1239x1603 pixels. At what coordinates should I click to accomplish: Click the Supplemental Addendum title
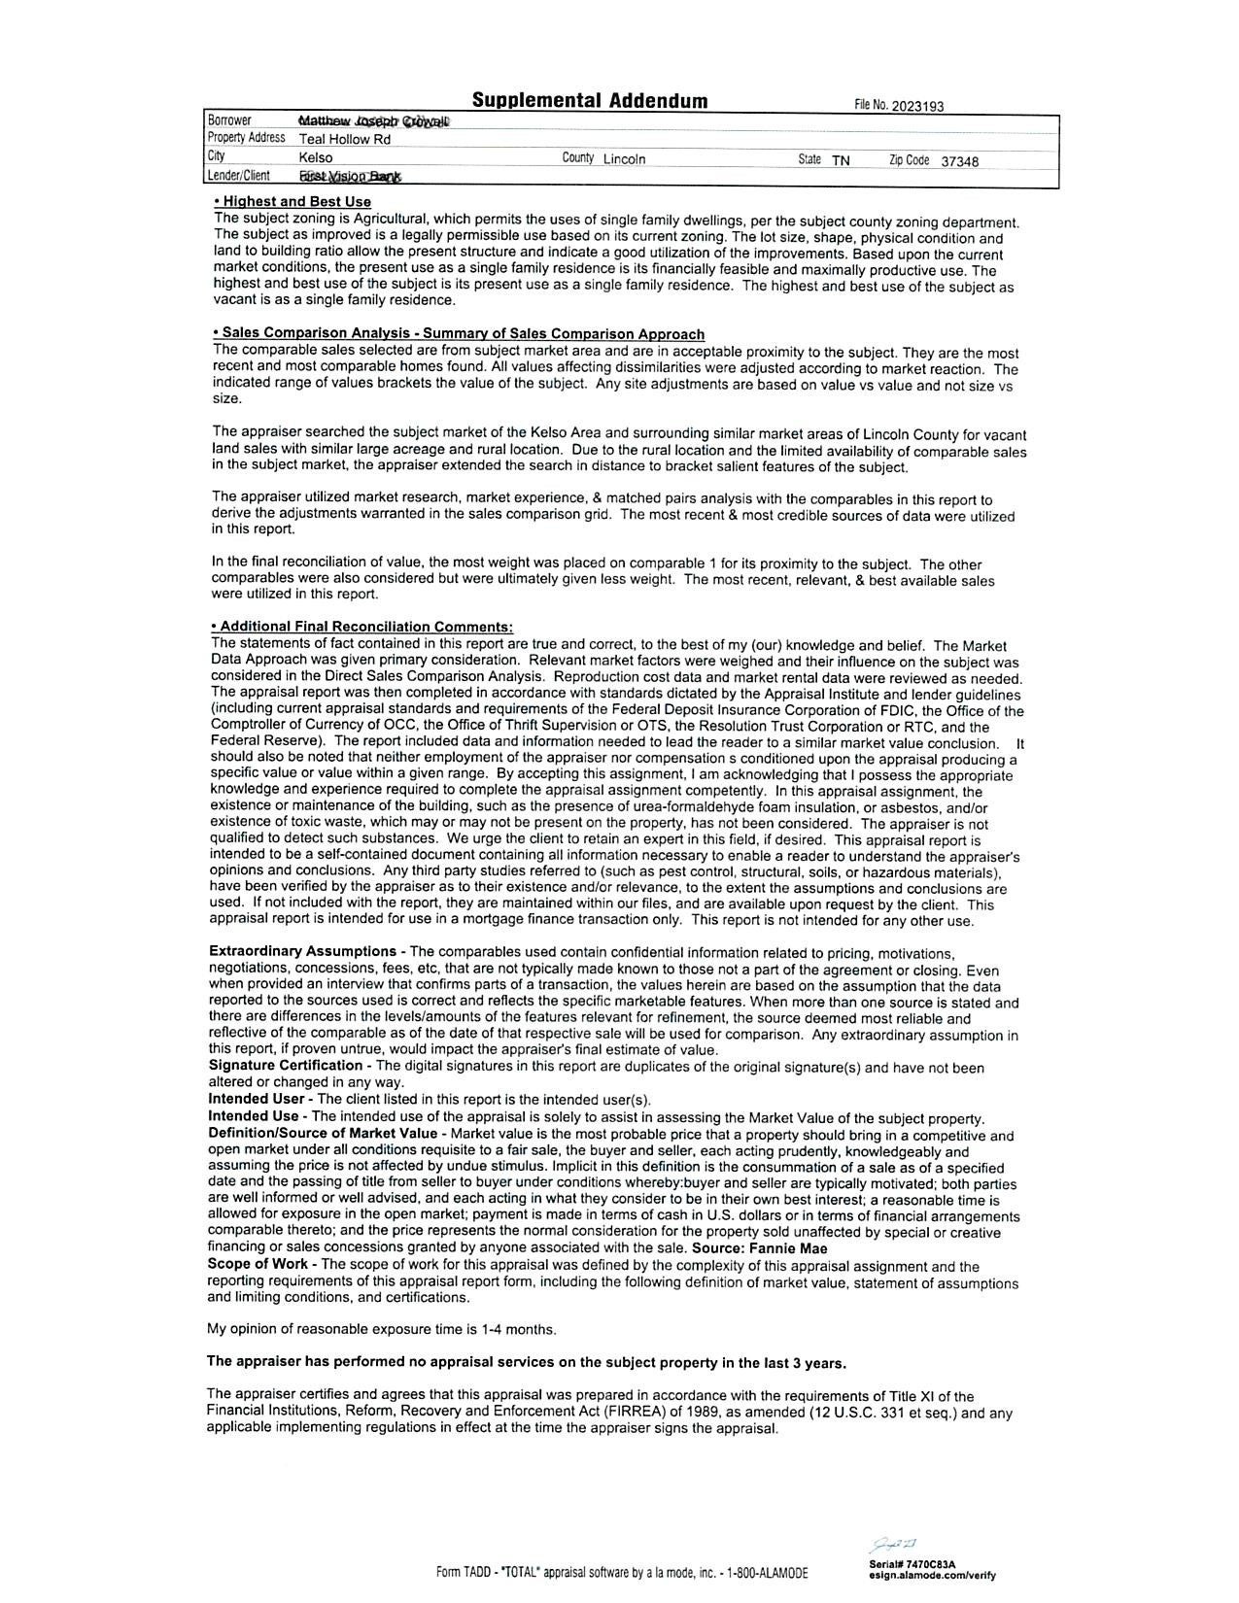[x=590, y=101]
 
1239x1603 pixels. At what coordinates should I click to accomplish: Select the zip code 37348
[x=959, y=161]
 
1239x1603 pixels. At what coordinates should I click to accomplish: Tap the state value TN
[x=841, y=160]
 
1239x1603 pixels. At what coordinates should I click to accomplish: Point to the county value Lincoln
[x=624, y=159]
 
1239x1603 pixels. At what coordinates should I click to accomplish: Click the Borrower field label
[x=229, y=120]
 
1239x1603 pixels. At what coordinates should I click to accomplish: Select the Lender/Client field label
[x=238, y=176]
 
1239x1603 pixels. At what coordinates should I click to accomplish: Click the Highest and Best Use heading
[x=293, y=202]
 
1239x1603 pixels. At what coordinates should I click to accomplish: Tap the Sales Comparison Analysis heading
[x=458, y=334]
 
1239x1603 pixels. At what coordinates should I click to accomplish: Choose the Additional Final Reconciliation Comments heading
[x=362, y=628]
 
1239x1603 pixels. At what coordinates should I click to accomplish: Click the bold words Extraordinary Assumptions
[x=302, y=951]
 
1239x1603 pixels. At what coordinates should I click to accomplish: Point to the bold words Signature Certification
[x=286, y=1066]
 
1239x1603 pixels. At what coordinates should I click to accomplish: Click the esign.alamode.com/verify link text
[x=933, y=1576]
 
